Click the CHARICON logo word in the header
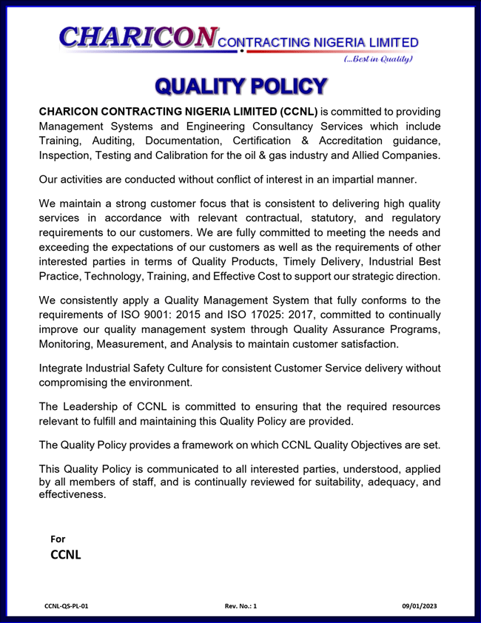click(x=138, y=37)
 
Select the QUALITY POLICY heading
click(x=240, y=87)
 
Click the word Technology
click(x=126, y=276)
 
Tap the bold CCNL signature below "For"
click(x=65, y=554)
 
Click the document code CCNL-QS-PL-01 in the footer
click(x=67, y=606)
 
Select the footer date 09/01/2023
click(x=420, y=606)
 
